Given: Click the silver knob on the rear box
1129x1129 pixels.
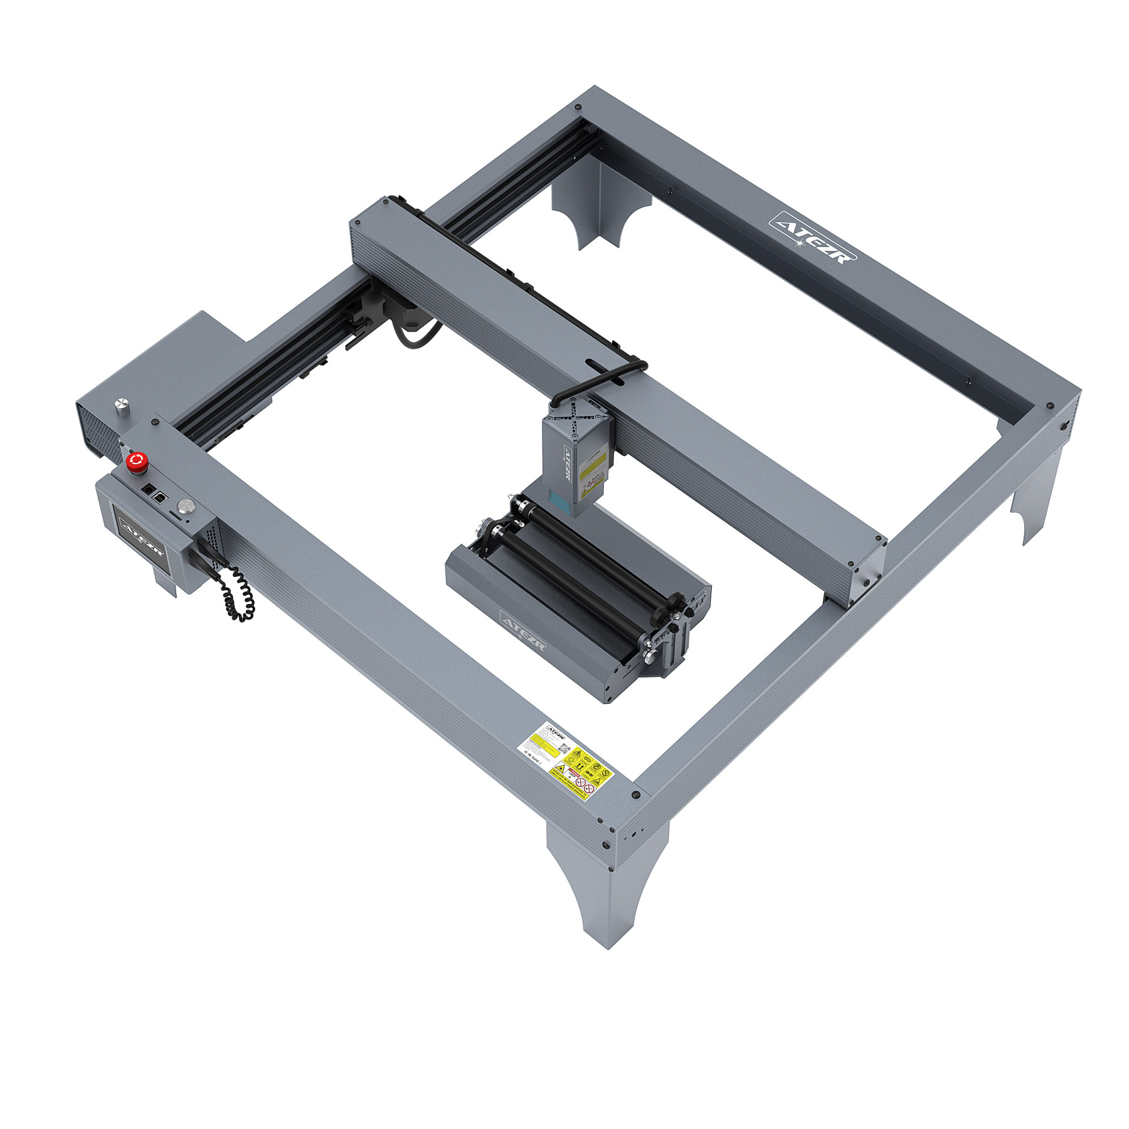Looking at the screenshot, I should click(120, 405).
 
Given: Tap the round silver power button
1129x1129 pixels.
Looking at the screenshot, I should click(186, 505).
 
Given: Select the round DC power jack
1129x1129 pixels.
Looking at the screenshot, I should click(149, 489).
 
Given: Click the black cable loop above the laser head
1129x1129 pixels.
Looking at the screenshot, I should click(602, 377).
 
